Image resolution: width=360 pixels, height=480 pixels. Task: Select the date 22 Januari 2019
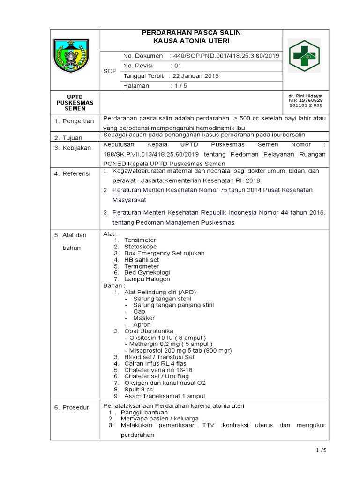(195, 76)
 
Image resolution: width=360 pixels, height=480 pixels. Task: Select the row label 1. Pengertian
(73, 121)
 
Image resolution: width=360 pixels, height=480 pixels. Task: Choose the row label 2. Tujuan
(68, 138)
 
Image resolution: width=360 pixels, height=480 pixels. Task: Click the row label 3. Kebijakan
(72, 148)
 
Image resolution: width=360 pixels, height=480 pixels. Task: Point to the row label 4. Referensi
(72, 174)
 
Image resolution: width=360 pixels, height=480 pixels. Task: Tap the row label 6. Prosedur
(71, 407)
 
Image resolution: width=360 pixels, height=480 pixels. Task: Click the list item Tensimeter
(140, 240)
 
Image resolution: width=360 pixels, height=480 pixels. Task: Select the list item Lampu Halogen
(147, 279)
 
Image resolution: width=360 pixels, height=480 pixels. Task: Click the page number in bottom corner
(321, 451)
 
